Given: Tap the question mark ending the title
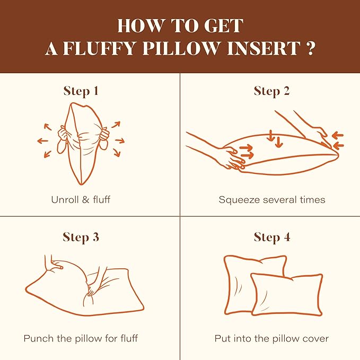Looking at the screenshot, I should [310, 49].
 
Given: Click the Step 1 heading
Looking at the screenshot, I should [81, 91].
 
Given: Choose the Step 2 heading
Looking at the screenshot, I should [271, 91].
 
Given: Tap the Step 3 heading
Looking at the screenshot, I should [81, 236].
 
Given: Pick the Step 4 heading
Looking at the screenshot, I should [271, 236].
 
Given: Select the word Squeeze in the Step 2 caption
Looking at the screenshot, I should [237, 200].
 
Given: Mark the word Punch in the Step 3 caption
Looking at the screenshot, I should [37, 338].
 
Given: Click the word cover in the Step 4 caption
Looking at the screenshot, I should [317, 338].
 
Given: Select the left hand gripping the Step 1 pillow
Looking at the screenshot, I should [64, 137].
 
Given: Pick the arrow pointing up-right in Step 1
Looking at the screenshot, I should [115, 125].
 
